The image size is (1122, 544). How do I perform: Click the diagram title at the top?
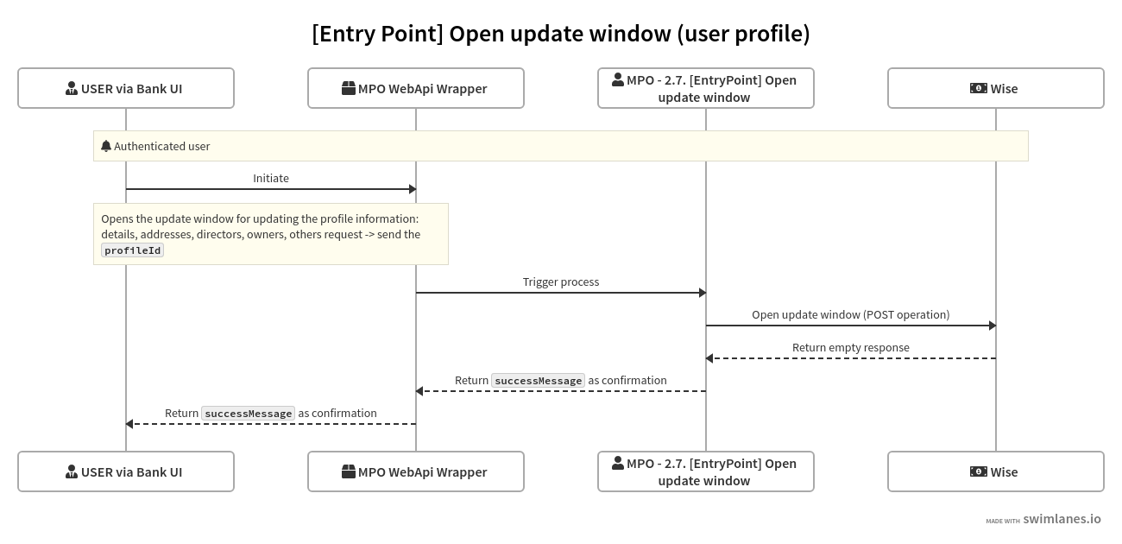click(x=561, y=34)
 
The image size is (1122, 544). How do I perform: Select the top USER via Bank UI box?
click(x=126, y=88)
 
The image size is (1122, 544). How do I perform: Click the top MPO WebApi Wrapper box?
click(x=416, y=88)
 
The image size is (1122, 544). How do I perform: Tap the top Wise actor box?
click(x=996, y=88)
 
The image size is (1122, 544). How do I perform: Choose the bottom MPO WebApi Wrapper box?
click(x=416, y=471)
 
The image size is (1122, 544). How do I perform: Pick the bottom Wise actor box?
click(x=996, y=471)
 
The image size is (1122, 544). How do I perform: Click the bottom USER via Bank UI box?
click(x=126, y=471)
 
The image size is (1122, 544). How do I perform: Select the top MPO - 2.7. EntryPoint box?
click(x=706, y=88)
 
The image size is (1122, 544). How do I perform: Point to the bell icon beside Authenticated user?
click(x=106, y=146)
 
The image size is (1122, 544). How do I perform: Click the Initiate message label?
click(x=271, y=178)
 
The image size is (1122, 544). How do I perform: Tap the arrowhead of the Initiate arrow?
click(x=413, y=189)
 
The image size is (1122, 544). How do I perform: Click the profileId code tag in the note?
click(x=133, y=250)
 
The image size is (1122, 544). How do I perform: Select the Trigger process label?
click(x=561, y=281)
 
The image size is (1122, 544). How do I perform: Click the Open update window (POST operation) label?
click(x=850, y=314)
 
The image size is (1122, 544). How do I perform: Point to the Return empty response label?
click(x=850, y=347)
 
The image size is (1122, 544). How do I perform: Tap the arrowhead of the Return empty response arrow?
click(x=709, y=358)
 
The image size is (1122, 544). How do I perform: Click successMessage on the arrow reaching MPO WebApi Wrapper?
click(x=538, y=381)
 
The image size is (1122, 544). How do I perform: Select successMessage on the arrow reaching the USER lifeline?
click(x=248, y=414)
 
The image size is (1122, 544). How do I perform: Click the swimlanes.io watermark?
click(x=1061, y=519)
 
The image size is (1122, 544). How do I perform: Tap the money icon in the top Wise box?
click(x=978, y=88)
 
